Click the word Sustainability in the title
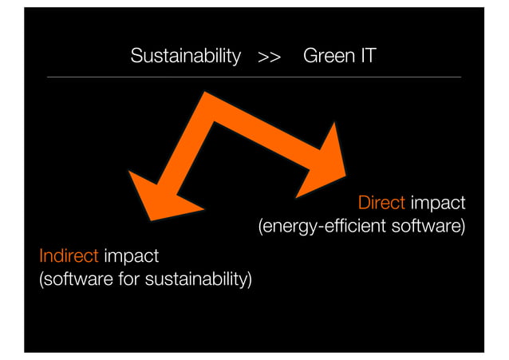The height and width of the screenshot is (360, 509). point(185,57)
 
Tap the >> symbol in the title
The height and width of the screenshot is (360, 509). point(269,57)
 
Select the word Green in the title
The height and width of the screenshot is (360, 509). point(326,57)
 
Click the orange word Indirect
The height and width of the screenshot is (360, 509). point(69,256)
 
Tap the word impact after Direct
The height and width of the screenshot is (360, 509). point(438,202)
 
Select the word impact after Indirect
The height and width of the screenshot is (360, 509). point(131,256)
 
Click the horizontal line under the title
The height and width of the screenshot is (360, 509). point(254,77)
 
